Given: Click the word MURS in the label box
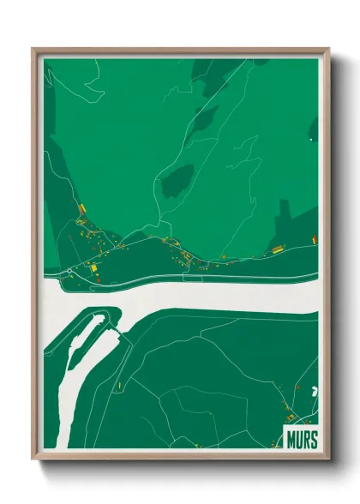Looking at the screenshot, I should (x=300, y=440).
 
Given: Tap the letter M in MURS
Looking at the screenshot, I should (x=290, y=440).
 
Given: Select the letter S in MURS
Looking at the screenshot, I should (x=313, y=440).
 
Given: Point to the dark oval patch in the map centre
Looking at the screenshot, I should (x=177, y=180).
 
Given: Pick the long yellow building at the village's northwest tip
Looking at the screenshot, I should (x=82, y=209).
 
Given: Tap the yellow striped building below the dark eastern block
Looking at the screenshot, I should (x=277, y=249).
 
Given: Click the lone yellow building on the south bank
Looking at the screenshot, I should (x=119, y=387).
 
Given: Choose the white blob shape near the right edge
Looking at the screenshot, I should (x=313, y=390).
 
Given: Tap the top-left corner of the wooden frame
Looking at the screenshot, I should (x=33, y=49).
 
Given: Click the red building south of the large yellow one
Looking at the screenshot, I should (x=97, y=278).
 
